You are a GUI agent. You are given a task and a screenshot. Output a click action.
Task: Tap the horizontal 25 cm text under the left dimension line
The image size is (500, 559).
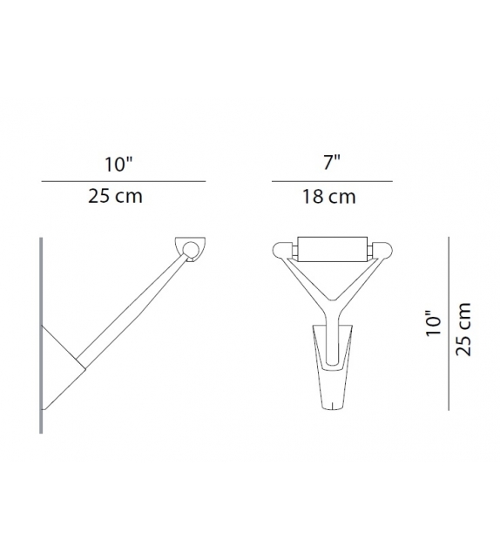point(115,197)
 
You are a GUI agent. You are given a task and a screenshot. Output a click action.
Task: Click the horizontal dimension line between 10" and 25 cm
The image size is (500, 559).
point(123,181)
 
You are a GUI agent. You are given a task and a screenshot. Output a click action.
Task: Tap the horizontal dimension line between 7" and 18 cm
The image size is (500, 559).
point(331,181)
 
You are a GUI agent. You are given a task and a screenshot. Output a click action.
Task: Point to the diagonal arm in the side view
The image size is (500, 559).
point(131,305)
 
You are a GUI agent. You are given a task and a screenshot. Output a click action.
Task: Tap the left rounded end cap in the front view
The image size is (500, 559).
point(282,250)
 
